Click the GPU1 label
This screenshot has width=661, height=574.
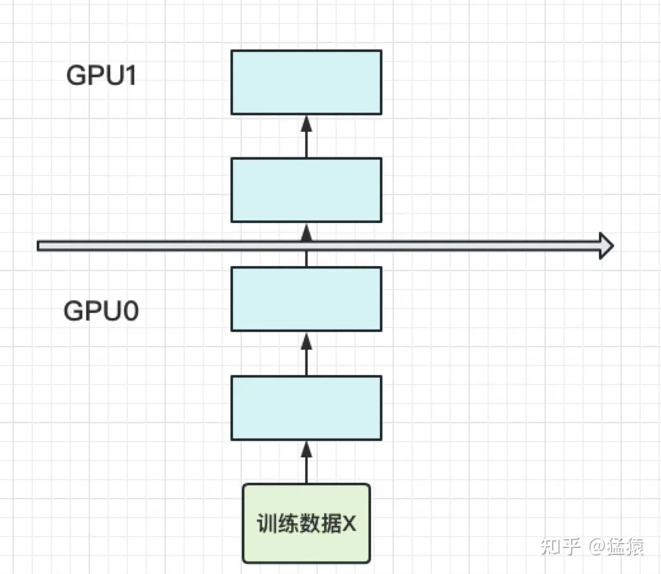coord(102,77)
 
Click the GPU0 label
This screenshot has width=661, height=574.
coord(101,312)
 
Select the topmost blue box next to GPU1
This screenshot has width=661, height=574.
coord(306,82)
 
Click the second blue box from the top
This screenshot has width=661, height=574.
coord(306,190)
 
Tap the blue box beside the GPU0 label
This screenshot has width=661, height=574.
coord(306,299)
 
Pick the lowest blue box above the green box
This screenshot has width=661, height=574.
coord(306,408)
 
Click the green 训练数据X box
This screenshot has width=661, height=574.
coord(306,523)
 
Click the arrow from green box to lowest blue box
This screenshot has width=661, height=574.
coord(306,462)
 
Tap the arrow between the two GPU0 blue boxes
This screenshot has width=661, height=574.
coord(306,354)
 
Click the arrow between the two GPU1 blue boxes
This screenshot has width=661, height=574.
coord(306,136)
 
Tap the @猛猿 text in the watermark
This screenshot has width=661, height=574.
coord(616,546)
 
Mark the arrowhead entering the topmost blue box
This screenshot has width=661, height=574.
coord(306,122)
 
